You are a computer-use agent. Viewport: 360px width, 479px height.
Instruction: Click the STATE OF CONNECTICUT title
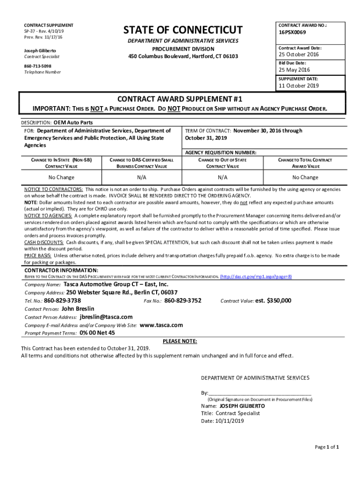pos(183,30)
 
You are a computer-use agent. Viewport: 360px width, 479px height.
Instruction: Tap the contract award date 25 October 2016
pos(299,55)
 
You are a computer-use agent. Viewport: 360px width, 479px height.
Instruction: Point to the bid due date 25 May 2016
pos(295,70)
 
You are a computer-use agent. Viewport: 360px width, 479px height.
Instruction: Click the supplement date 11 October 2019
pos(299,86)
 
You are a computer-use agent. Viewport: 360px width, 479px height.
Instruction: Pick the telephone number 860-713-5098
pos(38,66)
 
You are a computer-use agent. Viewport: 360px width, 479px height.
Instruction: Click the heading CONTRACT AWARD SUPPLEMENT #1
pos(180,99)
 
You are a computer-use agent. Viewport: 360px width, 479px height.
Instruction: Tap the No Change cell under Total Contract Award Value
pos(305,177)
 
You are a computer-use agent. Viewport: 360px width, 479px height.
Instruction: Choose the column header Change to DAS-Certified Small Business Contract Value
pos(142,163)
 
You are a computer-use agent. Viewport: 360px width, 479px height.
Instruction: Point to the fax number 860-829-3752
pos(183,300)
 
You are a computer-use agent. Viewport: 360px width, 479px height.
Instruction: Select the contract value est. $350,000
pos(273,300)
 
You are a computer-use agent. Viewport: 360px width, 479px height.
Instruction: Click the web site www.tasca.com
pos(161,325)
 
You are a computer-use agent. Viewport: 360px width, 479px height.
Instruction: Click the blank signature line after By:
pos(260,393)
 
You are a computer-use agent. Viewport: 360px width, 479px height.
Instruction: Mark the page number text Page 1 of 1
pos(327,447)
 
